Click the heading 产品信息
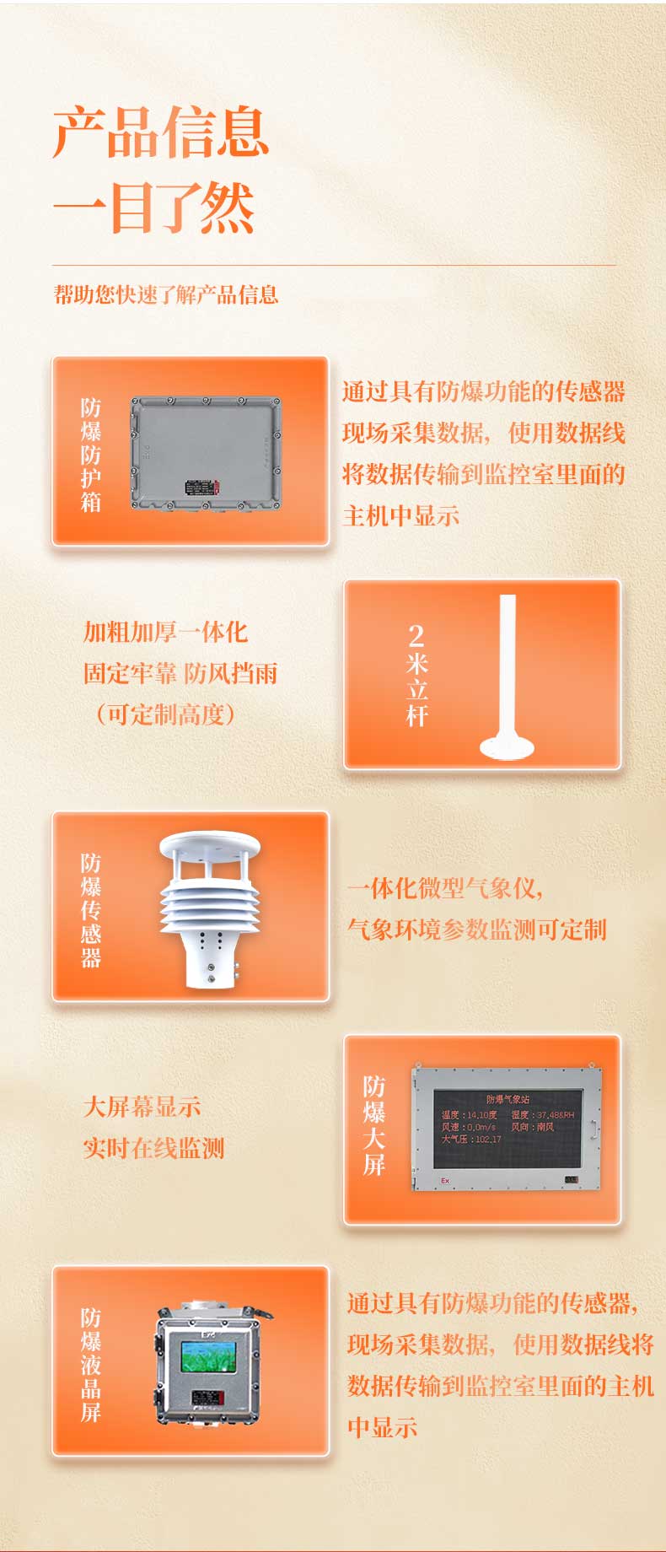pyautogui.click(x=160, y=132)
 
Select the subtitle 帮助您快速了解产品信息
pyautogui.click(x=165, y=294)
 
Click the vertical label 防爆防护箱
pyautogui.click(x=91, y=455)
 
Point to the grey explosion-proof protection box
pyautogui.click(x=205, y=454)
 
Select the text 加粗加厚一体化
pyautogui.click(x=165, y=632)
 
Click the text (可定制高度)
pyautogui.click(x=165, y=714)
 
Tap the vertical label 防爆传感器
pyautogui.click(x=91, y=909)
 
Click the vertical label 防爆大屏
pyautogui.click(x=373, y=1125)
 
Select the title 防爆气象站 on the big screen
pyautogui.click(x=508, y=1099)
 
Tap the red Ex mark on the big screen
pyautogui.click(x=445, y=1180)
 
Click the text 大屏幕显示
pyautogui.click(x=142, y=1107)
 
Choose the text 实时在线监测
pyautogui.click(x=153, y=1148)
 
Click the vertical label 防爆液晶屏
pyautogui.click(x=91, y=1365)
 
